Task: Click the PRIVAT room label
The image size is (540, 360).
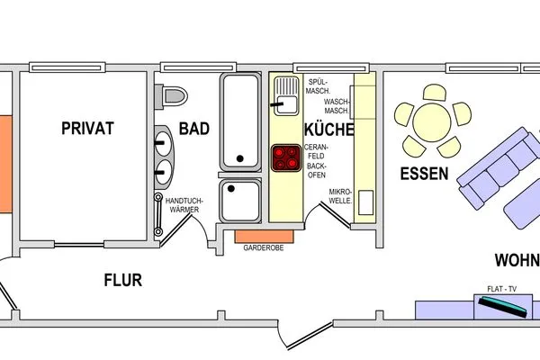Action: point(87,128)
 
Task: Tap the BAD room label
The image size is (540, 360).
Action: point(194,129)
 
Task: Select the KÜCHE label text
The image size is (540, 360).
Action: point(329,130)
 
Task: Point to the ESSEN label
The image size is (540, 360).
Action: point(424,174)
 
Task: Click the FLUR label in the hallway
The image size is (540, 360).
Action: point(123,280)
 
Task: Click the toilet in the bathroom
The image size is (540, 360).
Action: point(171,96)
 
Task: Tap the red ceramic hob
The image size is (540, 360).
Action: point(286,157)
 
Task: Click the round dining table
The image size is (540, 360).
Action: point(432,122)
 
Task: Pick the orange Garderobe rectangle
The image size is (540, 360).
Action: point(265,237)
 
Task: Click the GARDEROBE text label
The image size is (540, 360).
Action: point(264,247)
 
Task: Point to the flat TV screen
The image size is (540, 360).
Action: point(503,307)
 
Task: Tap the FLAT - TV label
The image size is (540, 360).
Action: point(502,289)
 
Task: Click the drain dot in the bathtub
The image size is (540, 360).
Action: point(240,158)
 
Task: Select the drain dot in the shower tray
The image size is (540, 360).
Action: point(231,188)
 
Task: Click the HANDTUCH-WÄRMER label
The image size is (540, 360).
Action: point(184,205)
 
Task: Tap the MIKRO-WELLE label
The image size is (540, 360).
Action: point(340,196)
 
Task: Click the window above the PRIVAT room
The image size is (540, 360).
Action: point(67,67)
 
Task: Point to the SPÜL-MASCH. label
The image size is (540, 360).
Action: point(318,86)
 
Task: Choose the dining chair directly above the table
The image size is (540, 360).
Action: point(435,93)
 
